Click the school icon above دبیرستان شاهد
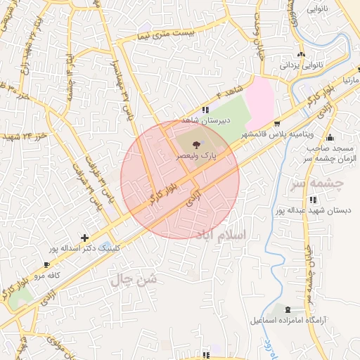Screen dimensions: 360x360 (205, 110)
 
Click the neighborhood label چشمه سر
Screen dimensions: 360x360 (316, 184)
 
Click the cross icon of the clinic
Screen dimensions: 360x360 (85, 238)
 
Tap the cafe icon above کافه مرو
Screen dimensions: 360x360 (46, 266)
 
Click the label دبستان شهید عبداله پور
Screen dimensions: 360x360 (312, 210)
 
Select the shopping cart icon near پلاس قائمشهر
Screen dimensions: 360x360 (286, 122)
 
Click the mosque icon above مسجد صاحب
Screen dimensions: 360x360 (330, 136)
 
